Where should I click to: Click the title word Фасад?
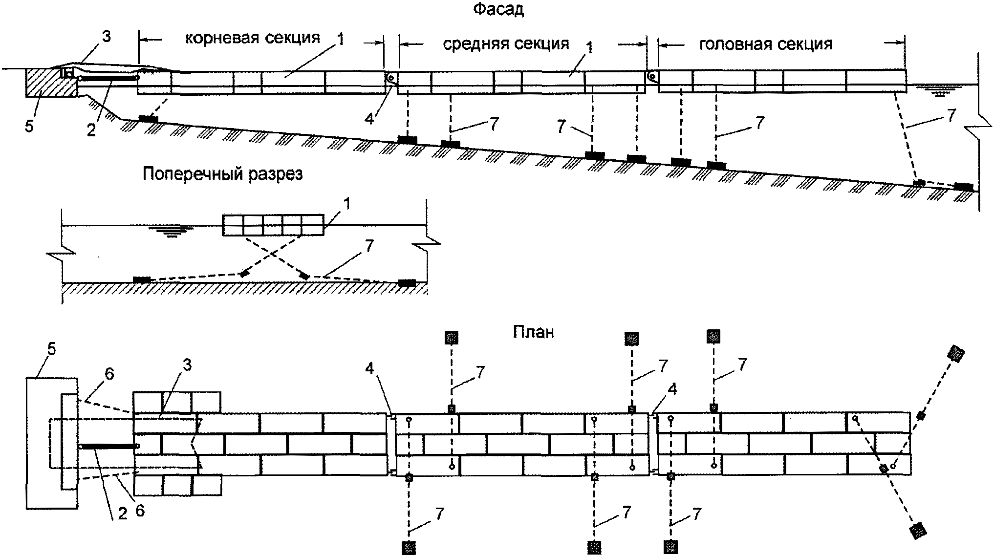coord(498,9)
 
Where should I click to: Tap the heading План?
coord(534,332)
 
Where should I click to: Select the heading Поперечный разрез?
coord(223,174)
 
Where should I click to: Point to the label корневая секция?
coord(253,39)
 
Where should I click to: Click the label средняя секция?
coord(506,44)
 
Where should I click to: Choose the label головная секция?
coord(766,44)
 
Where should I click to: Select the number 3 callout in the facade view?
coord(107,37)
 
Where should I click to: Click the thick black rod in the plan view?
coord(108,447)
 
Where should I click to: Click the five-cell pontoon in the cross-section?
coord(273,225)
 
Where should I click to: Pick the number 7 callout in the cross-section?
coord(369,246)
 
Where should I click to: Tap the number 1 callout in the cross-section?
coord(347,204)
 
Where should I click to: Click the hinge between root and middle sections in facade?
coord(391,78)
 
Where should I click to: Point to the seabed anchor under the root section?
coord(148,118)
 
